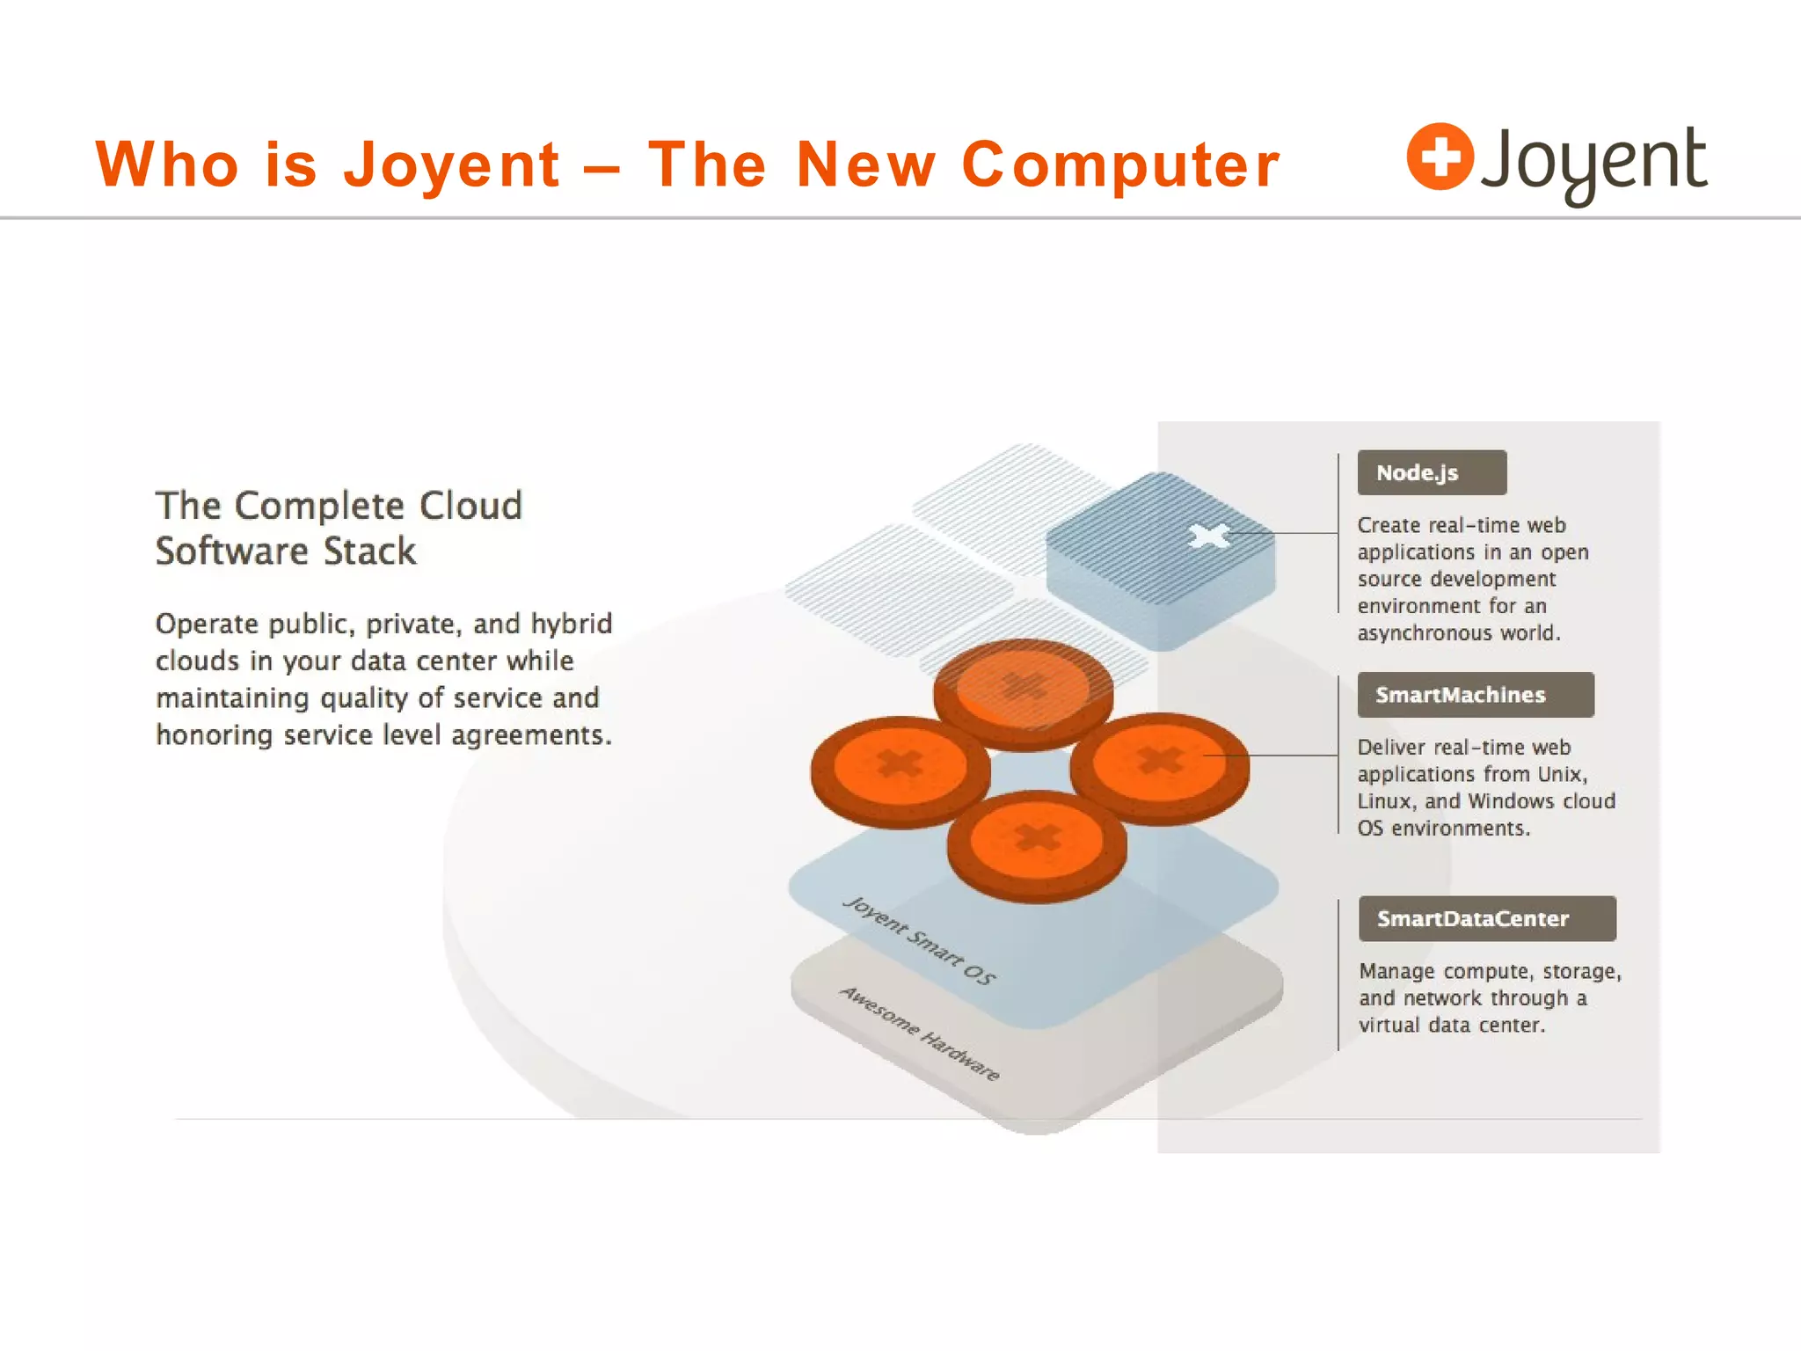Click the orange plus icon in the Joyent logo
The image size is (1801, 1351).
point(1440,157)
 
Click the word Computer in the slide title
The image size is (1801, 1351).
point(1121,164)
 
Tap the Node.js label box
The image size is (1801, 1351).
point(1432,473)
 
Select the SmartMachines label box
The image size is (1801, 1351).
point(1475,695)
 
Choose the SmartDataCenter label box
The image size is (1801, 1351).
point(1486,919)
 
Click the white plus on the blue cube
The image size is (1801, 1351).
point(1209,536)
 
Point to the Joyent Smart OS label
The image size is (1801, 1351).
point(919,940)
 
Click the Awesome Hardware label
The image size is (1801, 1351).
point(919,1033)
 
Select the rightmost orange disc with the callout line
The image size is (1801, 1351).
point(1159,762)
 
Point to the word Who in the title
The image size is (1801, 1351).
point(167,164)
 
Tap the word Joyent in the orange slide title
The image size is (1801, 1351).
point(451,164)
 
